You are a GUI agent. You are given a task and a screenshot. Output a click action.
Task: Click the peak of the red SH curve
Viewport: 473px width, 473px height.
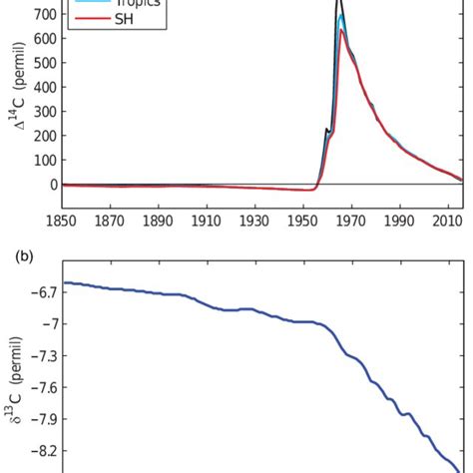tap(341, 31)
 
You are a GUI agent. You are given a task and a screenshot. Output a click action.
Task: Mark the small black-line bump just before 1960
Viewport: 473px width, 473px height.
tap(326, 129)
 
